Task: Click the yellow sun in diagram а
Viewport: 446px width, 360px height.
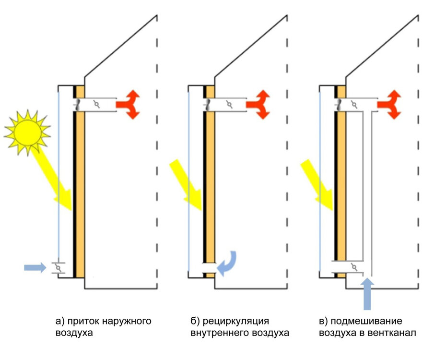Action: [27, 132]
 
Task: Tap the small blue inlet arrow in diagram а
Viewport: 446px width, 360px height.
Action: [35, 267]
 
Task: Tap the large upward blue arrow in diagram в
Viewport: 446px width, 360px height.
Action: [367, 293]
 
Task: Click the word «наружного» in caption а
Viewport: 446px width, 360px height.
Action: [128, 321]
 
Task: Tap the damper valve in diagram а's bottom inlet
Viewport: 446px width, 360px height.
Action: [58, 266]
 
